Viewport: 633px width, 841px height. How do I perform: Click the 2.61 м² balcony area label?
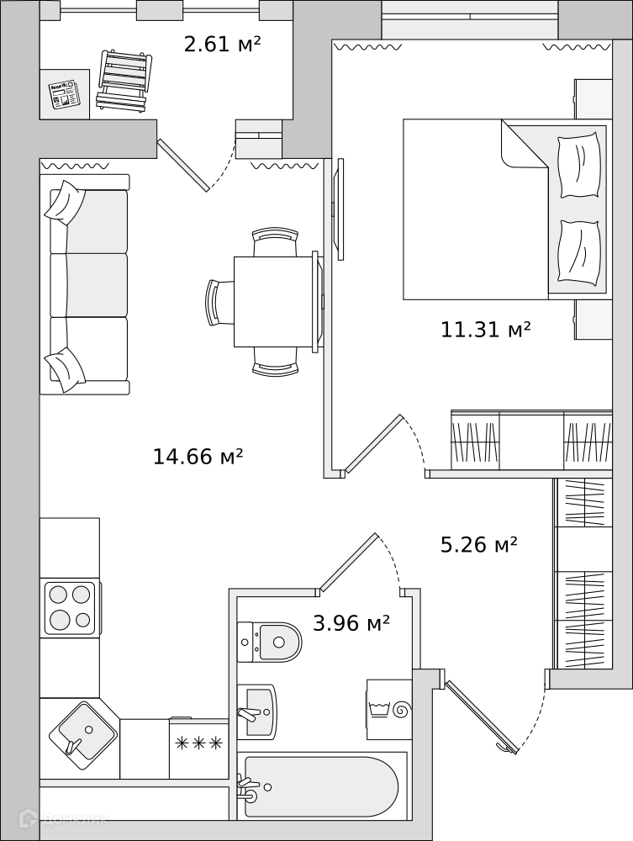tap(222, 44)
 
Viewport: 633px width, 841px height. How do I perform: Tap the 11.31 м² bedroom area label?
tap(486, 329)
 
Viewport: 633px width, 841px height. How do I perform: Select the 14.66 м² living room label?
tap(198, 457)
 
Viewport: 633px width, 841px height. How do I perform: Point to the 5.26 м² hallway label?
tap(478, 544)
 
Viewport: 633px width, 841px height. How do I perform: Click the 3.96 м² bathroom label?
tap(351, 623)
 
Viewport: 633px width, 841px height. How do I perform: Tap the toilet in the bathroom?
tap(270, 642)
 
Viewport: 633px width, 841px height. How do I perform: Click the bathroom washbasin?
tap(256, 711)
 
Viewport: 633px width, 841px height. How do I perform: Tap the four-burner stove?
tap(71, 608)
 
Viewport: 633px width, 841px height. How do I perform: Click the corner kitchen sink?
tap(83, 729)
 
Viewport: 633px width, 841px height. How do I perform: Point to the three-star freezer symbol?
tap(199, 743)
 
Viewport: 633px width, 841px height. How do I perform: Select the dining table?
tap(273, 301)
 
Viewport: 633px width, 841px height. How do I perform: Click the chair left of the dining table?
tap(219, 302)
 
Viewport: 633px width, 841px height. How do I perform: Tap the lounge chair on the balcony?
tap(124, 81)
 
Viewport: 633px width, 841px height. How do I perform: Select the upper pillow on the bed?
tap(579, 166)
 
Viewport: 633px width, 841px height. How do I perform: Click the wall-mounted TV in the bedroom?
tap(338, 209)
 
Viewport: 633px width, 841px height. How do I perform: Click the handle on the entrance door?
tap(504, 749)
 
